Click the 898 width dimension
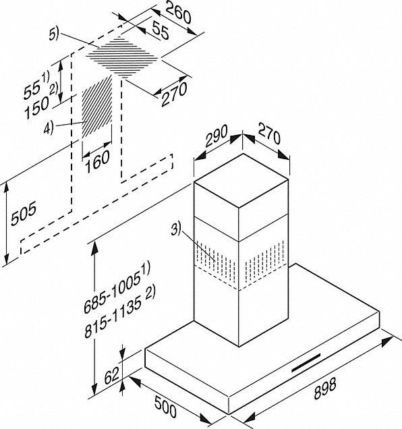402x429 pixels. (325, 389)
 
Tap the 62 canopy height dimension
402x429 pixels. (112, 376)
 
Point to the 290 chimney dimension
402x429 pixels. (217, 136)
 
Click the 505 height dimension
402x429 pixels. (24, 214)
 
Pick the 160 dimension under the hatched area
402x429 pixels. (97, 161)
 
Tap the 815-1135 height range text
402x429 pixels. (119, 314)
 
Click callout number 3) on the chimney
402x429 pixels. (176, 229)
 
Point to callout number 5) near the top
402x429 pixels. (54, 34)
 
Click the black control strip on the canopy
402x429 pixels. (306, 362)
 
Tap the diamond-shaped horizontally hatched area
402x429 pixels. (122, 57)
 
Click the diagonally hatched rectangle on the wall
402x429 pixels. (97, 107)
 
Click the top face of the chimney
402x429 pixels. (241, 181)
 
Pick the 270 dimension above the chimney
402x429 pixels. (269, 134)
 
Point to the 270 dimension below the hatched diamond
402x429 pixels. (174, 94)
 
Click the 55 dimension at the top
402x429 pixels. (161, 30)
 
